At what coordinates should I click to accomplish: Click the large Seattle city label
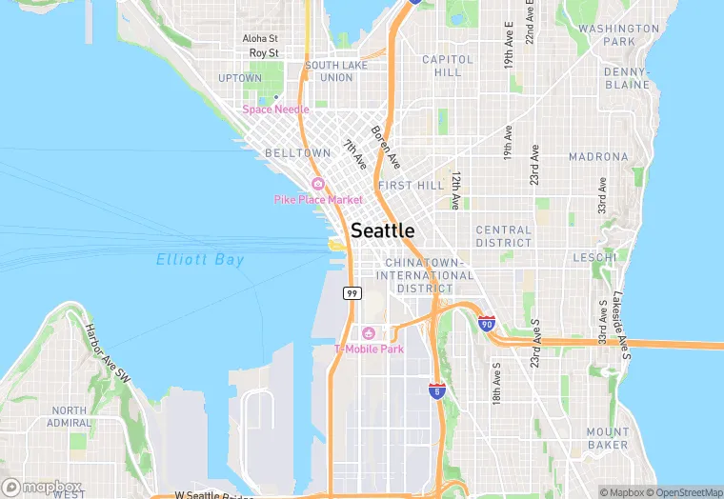[383, 230]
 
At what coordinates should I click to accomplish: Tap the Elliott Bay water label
[200, 259]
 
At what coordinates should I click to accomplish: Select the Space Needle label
[275, 110]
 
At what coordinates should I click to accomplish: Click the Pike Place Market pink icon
[317, 184]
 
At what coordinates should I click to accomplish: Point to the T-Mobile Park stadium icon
[368, 333]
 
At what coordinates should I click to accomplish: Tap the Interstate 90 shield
[487, 324]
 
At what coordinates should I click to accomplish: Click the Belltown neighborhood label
[298, 152]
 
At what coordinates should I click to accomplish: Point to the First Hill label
[411, 185]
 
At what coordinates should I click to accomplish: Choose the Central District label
[504, 236]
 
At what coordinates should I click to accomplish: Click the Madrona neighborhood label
[598, 156]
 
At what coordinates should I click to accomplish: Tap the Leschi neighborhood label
[595, 257]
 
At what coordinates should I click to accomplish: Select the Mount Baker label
[608, 438]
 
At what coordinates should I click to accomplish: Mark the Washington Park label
[619, 35]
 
